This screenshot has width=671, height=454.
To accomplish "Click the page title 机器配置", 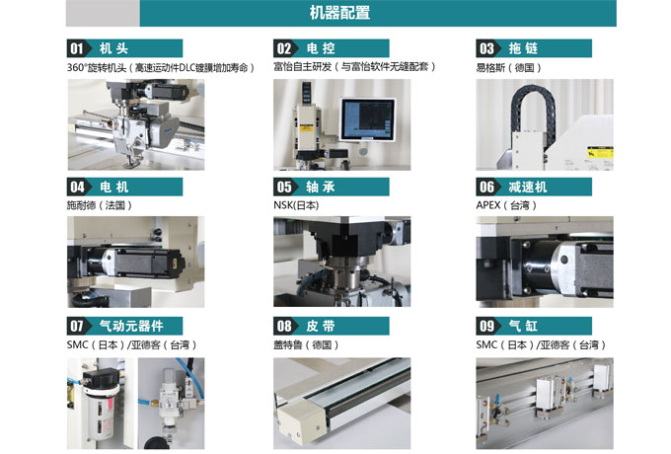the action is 339,13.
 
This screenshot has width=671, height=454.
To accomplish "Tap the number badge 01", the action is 77,48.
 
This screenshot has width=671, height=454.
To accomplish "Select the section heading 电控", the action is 321,48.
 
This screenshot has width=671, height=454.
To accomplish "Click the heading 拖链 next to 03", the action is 523,48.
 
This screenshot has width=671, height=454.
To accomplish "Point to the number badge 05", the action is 284,187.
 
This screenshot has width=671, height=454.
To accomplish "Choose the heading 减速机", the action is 527,187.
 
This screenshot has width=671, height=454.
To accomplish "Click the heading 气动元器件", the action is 131,326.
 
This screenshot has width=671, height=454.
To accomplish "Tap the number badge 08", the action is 284,326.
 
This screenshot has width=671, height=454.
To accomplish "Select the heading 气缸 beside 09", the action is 523,326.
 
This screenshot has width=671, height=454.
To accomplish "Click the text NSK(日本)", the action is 296,205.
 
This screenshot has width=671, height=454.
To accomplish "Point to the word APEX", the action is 488,205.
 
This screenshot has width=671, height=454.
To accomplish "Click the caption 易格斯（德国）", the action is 509,68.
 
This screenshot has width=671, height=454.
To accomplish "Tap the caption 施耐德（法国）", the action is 100,205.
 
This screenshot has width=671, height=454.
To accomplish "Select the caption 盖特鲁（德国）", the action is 306,344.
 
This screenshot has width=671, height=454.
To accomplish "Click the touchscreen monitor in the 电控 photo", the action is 368,118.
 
